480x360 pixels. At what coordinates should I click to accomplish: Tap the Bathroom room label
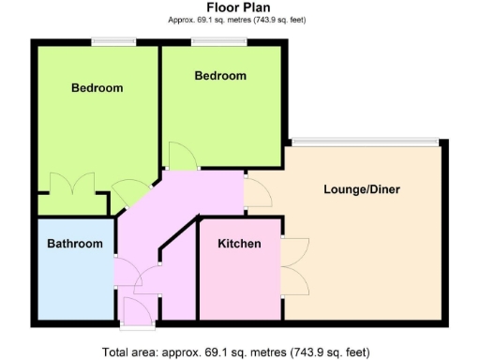(75, 244)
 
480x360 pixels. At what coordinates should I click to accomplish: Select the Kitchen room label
(239, 244)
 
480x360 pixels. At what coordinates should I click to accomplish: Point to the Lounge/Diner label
(362, 189)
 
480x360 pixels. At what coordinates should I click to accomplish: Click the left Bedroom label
(97, 88)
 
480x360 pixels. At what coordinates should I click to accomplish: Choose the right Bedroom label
(220, 76)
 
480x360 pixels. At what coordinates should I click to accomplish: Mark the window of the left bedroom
(112, 40)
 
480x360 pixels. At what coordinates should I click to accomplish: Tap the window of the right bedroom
(219, 40)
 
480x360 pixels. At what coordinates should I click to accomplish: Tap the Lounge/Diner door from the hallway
(256, 191)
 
